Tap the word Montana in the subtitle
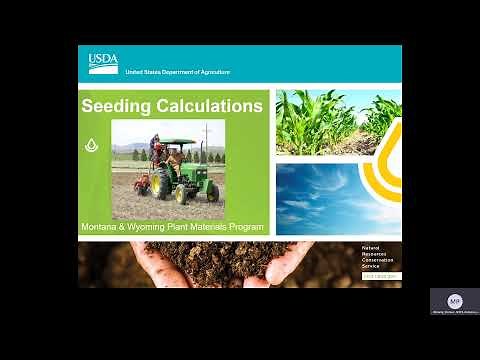click(106, 227)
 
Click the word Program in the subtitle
click(243, 227)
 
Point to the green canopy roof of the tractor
click(177, 142)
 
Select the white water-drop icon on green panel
click(92, 145)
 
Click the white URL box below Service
click(380, 276)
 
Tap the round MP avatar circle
click(454, 301)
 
